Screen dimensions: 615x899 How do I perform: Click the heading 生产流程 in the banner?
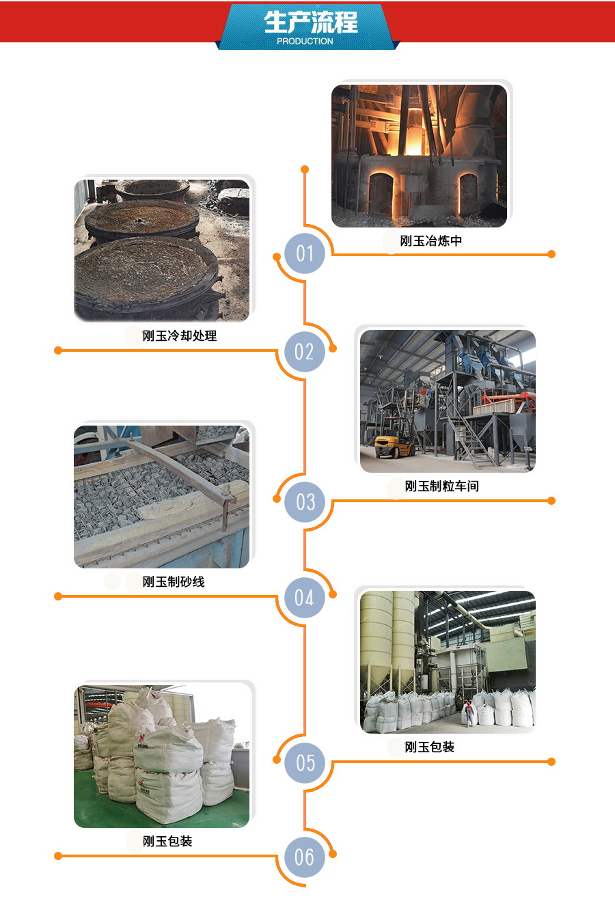tap(311, 22)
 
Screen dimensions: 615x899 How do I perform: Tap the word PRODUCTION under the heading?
tap(305, 42)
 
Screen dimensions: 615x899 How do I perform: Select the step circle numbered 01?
tap(305, 253)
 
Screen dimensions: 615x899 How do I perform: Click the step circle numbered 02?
tap(305, 352)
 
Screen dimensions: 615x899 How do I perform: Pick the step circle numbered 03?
tap(305, 501)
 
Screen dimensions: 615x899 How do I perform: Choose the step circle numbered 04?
tap(305, 598)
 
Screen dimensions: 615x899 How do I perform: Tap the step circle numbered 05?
tap(305, 762)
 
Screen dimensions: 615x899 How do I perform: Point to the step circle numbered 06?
tap(305, 857)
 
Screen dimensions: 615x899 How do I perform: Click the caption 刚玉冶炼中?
tap(430, 240)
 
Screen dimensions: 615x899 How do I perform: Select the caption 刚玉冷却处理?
tap(180, 335)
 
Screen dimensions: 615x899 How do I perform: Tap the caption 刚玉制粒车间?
tap(441, 486)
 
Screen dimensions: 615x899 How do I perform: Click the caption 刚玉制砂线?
tap(174, 581)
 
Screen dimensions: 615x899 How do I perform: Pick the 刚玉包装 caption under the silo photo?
tap(430, 747)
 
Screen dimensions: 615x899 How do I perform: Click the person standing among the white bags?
tap(469, 713)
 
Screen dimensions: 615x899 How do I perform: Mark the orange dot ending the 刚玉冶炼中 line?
tap(551, 254)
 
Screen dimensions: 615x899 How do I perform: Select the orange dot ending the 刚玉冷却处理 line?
tap(58, 350)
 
